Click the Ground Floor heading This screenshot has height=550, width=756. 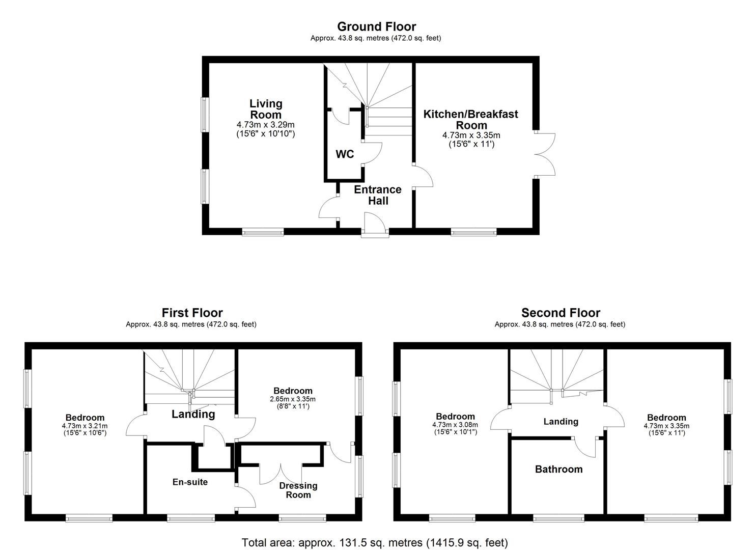376,26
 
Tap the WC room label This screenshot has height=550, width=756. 345,154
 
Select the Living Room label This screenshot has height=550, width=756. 266,109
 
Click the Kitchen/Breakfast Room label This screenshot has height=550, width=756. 471,120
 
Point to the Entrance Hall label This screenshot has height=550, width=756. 378,195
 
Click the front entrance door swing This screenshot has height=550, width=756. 374,224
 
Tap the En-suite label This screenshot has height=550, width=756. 190,482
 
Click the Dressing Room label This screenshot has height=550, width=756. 298,490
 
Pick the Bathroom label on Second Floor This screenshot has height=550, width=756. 558,469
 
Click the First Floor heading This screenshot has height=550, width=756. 192,313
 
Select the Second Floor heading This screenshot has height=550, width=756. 561,313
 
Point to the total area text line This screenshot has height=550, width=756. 375,543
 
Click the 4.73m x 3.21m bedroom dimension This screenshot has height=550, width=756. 85,426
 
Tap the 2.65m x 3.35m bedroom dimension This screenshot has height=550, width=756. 293,399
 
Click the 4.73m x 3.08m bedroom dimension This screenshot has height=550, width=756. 455,425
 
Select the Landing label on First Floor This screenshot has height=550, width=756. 193,414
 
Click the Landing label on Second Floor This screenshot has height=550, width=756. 561,422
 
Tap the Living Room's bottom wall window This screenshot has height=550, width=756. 263,233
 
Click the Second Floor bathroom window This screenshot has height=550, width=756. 558,518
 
